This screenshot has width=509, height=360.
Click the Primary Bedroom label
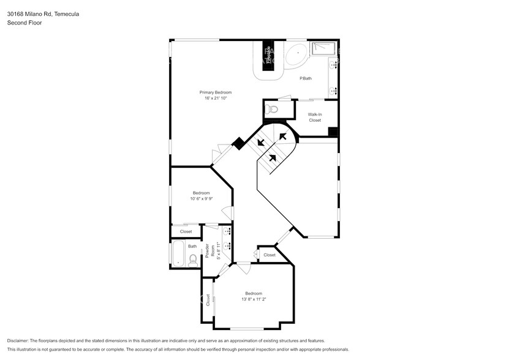(215, 92)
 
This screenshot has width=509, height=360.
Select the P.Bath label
(306, 78)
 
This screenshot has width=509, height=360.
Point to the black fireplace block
(267, 56)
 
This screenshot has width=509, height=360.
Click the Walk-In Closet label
(315, 117)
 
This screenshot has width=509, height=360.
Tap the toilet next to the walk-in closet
(273, 110)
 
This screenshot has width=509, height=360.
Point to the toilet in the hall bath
(193, 260)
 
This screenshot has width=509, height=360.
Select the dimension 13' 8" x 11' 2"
(254, 299)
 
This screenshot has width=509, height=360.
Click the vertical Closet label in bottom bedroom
(208, 299)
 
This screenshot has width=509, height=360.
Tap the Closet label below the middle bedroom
(186, 231)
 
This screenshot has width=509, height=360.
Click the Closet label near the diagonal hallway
(270, 255)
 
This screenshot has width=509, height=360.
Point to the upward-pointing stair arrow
(272, 158)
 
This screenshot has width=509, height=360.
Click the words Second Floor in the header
(23, 23)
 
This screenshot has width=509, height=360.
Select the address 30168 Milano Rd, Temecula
(43, 13)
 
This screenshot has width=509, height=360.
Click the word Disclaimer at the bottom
(20, 340)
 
